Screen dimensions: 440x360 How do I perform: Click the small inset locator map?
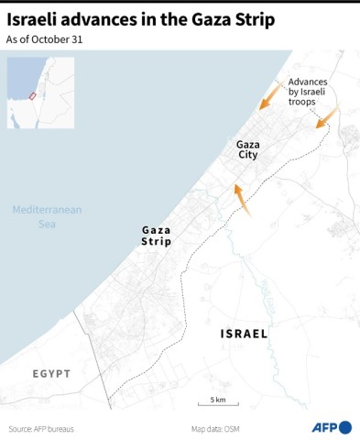pyautogui.click(x=40, y=92)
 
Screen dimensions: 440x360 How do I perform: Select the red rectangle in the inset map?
pyautogui.click(x=33, y=95)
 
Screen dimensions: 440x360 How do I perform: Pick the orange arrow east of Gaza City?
pyautogui.click(x=327, y=116)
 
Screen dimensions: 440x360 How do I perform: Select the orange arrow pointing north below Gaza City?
pyautogui.click(x=242, y=199)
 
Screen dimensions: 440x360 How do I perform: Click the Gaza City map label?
pyautogui.click(x=247, y=149)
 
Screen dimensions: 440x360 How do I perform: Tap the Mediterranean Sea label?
pyautogui.click(x=47, y=216)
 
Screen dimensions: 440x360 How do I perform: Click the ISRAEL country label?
pyautogui.click(x=245, y=334)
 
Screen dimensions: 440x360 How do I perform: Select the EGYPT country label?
pyautogui.click(x=51, y=374)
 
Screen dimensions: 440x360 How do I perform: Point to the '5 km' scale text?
pyautogui.click(x=218, y=400)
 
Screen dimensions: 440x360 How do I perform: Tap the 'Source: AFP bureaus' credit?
pyautogui.click(x=41, y=428)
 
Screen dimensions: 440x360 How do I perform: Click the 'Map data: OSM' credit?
pyautogui.click(x=218, y=428)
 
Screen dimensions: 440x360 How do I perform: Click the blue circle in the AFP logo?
pyautogui.click(x=344, y=427)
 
